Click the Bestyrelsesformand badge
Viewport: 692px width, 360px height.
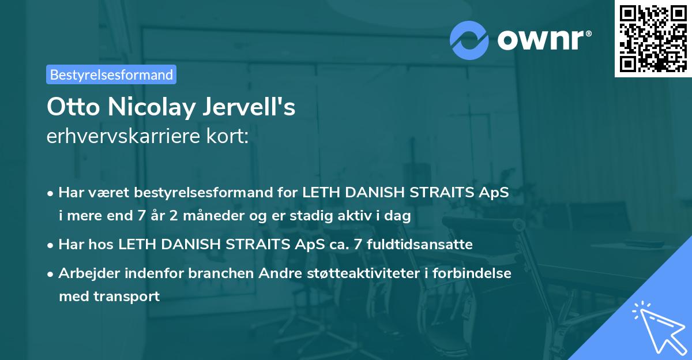point(111,74)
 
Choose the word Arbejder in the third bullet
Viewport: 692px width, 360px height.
point(85,273)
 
